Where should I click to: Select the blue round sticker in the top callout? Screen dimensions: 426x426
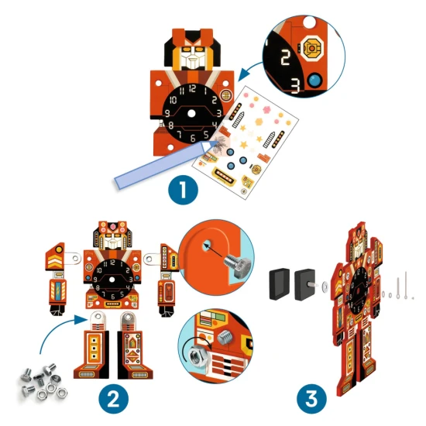(315, 80)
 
